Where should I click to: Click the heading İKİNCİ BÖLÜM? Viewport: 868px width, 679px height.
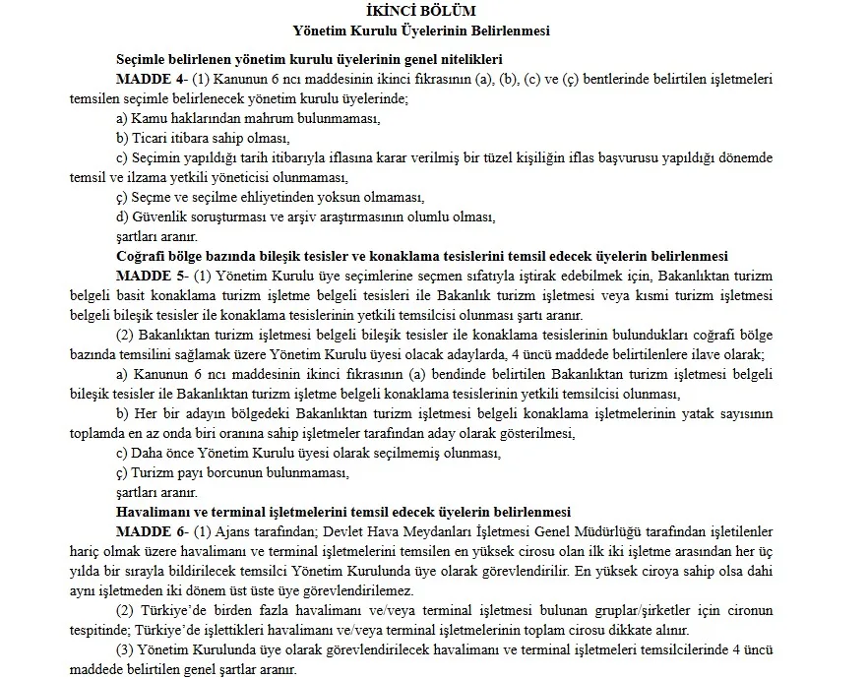point(433,12)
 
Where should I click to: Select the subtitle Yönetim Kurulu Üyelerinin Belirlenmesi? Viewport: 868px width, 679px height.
point(433,31)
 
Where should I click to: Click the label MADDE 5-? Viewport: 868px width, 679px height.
point(147,273)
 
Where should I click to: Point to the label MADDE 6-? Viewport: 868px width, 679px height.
point(147,528)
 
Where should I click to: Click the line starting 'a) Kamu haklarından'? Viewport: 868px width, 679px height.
point(248,118)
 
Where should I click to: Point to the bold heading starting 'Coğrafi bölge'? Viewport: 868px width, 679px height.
point(421,254)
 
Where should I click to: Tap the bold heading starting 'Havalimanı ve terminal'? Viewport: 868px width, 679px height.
point(343,510)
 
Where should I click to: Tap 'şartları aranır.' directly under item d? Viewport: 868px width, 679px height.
point(156,235)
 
